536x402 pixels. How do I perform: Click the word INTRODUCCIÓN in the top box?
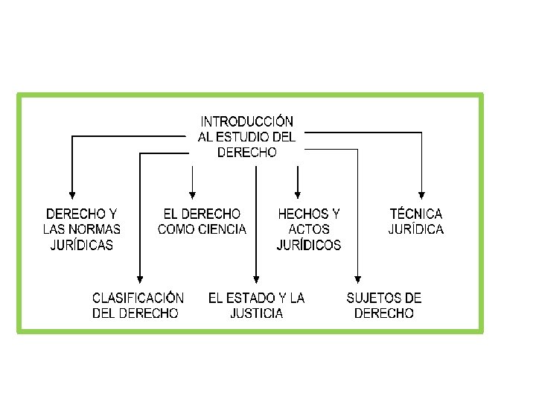click(246, 121)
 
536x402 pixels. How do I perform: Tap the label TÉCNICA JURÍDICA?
click(416, 222)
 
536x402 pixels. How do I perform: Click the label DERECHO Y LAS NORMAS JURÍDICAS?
click(82, 229)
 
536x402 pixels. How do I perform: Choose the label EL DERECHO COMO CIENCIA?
click(202, 222)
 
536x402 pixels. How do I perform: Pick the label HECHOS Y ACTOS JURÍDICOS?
click(309, 229)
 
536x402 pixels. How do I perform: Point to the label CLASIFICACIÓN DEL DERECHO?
click(138, 305)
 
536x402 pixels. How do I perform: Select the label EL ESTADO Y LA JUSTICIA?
click(257, 305)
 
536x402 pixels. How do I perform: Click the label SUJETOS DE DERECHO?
click(384, 305)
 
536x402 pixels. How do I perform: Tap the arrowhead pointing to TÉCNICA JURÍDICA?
click(422, 195)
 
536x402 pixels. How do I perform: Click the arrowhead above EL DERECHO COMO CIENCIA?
click(193, 195)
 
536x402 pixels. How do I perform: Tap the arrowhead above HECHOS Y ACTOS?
click(298, 195)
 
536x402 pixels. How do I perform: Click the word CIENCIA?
click(223, 229)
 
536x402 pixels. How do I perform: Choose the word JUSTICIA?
click(257, 313)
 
